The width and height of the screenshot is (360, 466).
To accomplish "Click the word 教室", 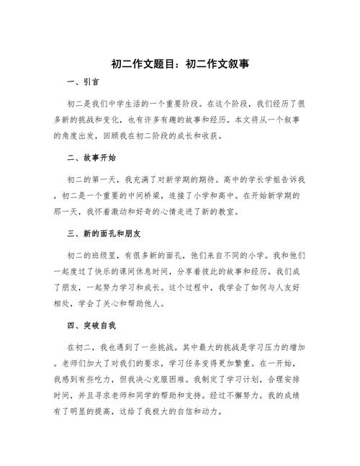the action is tap(227, 212).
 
